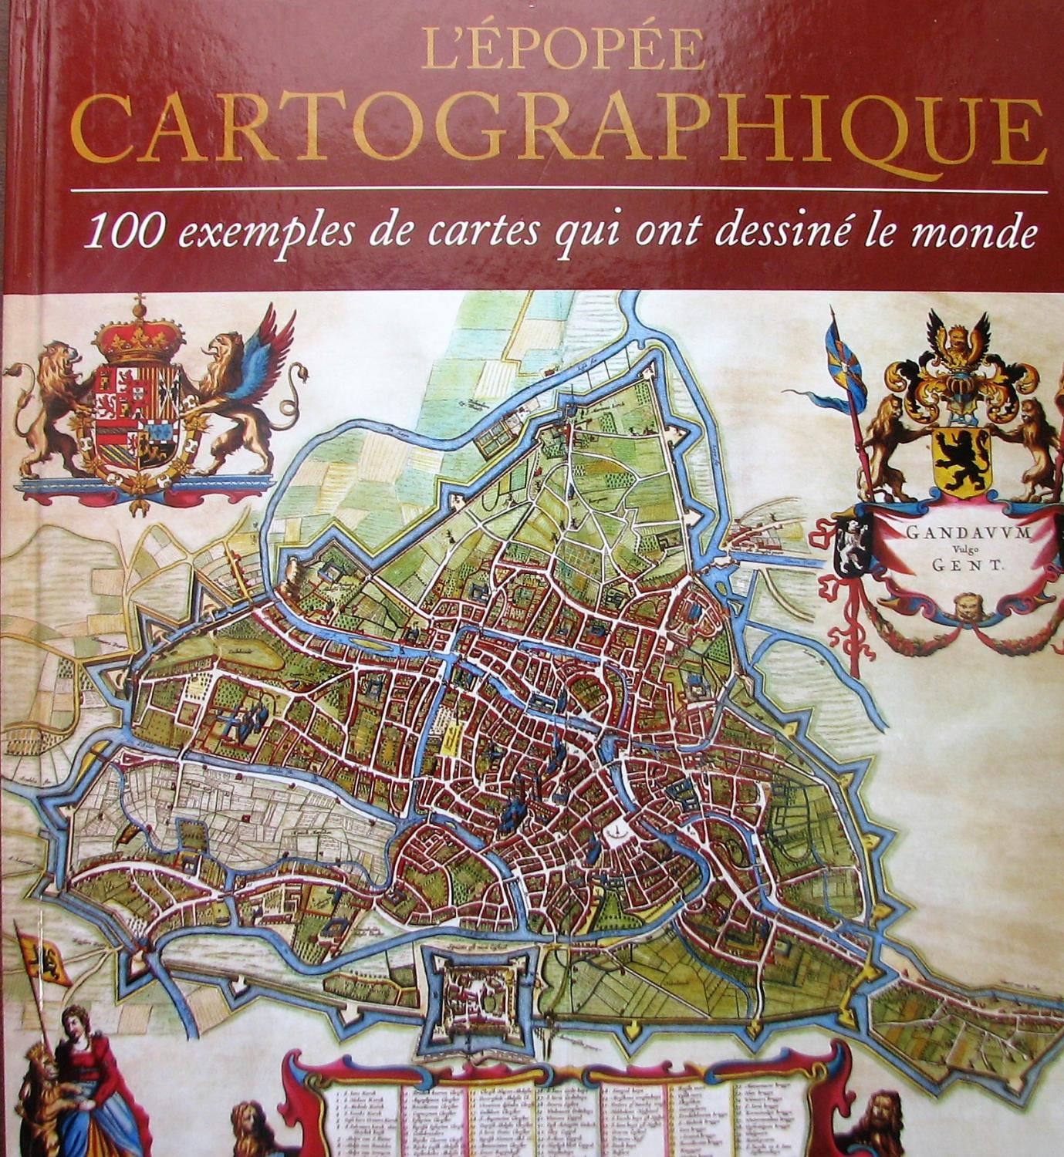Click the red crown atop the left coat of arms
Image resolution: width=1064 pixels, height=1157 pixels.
[139, 334]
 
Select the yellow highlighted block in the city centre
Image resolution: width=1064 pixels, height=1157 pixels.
[451, 740]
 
